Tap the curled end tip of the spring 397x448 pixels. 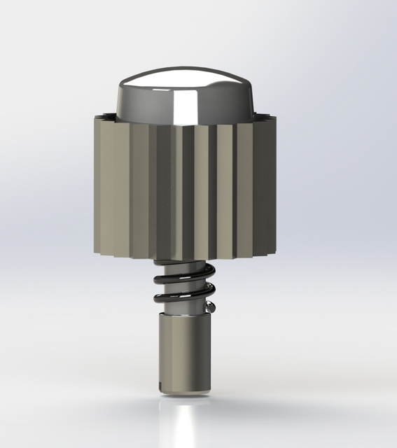(x=209, y=306)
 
